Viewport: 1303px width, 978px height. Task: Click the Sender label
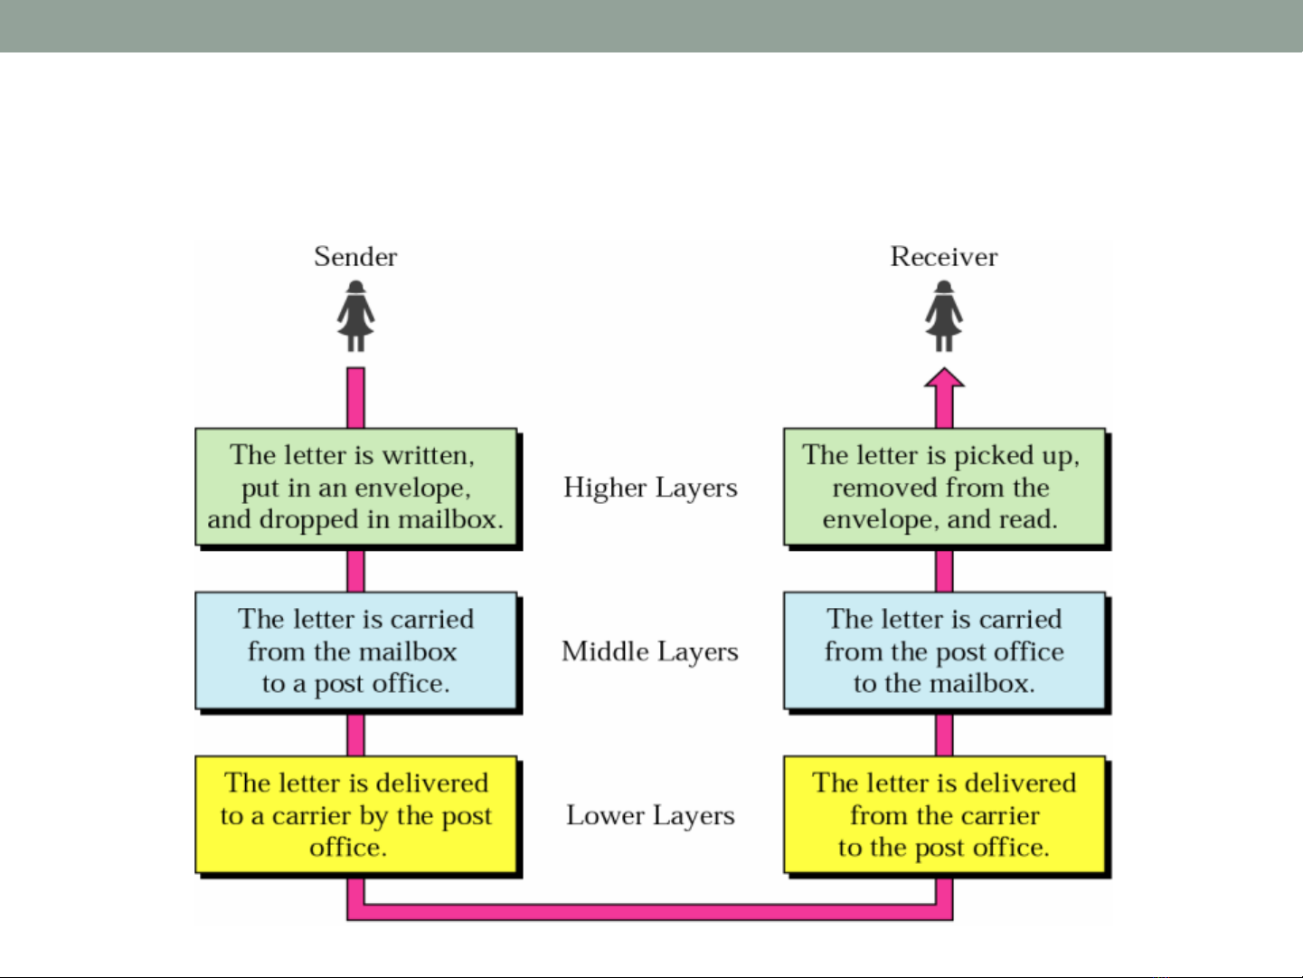[355, 257]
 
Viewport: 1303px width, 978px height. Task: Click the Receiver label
[944, 257]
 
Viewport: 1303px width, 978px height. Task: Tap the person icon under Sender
[355, 317]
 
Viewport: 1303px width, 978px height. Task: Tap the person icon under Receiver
[944, 317]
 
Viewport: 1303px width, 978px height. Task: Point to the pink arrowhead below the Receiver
[944, 378]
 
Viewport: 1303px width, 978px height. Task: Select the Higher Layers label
[651, 489]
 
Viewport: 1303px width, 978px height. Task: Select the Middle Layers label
[650, 652]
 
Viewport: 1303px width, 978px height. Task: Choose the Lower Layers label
[651, 816]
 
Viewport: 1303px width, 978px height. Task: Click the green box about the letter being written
[356, 487]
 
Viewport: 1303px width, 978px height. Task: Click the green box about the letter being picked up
[944, 487]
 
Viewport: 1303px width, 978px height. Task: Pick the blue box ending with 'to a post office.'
[356, 650]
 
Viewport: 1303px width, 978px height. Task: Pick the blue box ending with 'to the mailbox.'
[944, 650]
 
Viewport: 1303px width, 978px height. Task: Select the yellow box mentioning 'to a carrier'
[356, 814]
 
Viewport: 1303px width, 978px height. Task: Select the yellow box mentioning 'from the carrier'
[944, 814]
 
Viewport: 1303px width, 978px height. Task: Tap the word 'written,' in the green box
[428, 455]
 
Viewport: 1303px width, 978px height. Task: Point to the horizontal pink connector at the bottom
[650, 912]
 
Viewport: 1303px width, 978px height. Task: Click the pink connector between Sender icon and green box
[355, 398]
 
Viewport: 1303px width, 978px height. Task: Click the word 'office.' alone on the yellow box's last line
[348, 848]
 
